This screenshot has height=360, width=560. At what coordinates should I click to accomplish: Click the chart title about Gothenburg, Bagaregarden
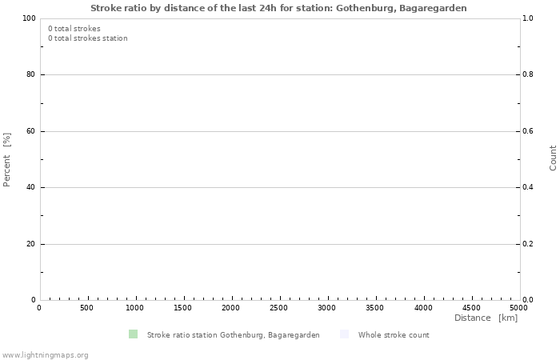coord(278,7)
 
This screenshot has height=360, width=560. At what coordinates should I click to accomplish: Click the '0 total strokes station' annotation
coord(87,38)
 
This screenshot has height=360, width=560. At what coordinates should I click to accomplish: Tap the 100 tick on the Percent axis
coord(29,18)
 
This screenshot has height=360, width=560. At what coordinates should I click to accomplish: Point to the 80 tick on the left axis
coord(31,75)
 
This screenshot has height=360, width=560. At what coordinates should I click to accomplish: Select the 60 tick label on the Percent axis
coord(31,131)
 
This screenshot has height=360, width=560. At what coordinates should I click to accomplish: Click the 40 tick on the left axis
coord(31,188)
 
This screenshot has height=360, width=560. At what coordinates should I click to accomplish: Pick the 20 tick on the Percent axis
coord(31,244)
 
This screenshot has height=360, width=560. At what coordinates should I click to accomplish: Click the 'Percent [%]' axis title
coord(7,159)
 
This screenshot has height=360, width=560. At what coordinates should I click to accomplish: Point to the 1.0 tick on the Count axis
coord(528,18)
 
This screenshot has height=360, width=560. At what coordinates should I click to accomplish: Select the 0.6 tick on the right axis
coord(528,131)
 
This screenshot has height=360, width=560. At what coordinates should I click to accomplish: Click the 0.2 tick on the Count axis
coord(528,244)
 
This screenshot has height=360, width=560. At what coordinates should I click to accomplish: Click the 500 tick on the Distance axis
coord(87,308)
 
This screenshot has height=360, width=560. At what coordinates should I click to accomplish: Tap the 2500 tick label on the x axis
coord(279,308)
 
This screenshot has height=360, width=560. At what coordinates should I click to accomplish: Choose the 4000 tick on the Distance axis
coord(423,308)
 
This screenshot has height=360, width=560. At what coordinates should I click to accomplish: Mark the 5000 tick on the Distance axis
coord(518,308)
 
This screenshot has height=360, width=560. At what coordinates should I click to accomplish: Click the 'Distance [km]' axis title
coord(486,318)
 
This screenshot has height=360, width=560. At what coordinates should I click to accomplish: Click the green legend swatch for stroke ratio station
coord(133,334)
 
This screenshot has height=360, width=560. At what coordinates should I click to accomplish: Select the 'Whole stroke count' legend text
coord(394,335)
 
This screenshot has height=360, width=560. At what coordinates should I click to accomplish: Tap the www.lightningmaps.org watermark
coord(45,354)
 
